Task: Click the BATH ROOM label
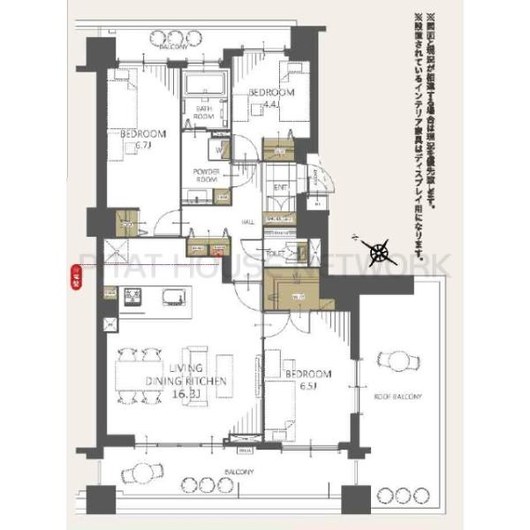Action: (204, 111)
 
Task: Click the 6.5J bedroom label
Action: (308, 380)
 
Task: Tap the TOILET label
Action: (275, 253)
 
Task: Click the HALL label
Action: (249, 223)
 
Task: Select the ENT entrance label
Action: (280, 187)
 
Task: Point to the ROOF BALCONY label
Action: (397, 397)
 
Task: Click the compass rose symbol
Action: (382, 253)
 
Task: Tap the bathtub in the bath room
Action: (205, 87)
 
